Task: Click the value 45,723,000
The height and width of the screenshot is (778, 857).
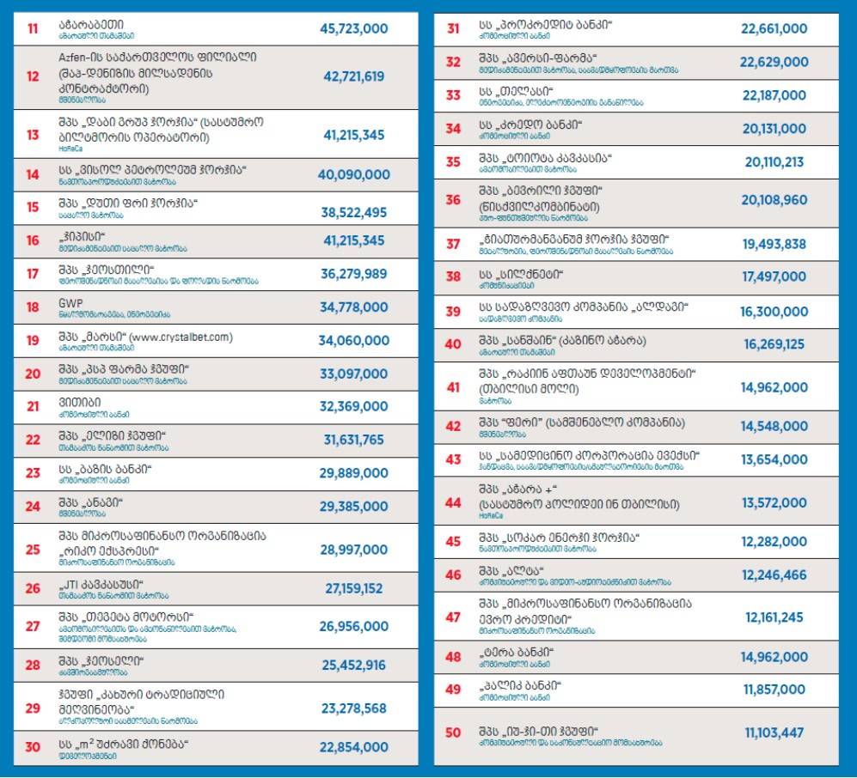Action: pyautogui.click(x=353, y=29)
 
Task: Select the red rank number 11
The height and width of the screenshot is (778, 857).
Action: pyautogui.click(x=33, y=29)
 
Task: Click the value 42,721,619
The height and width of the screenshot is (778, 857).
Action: pyautogui.click(x=353, y=76)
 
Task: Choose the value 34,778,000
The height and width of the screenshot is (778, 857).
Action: pyautogui.click(x=353, y=307)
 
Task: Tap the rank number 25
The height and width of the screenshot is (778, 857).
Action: pyautogui.click(x=33, y=550)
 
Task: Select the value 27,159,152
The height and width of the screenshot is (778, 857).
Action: pyautogui.click(x=353, y=588)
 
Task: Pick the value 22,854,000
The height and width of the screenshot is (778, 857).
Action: pyautogui.click(x=353, y=747)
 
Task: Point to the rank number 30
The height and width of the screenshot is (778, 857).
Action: pyautogui.click(x=33, y=747)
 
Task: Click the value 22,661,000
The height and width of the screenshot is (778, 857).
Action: pyautogui.click(x=774, y=29)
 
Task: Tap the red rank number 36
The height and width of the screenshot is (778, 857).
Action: pyautogui.click(x=453, y=200)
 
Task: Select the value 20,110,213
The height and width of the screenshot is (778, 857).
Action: pyautogui.click(x=774, y=162)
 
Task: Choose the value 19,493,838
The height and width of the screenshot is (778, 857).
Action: pyautogui.click(x=774, y=244)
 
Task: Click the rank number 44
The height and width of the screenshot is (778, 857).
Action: pyautogui.click(x=453, y=501)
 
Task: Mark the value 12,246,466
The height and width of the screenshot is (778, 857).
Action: pyautogui.click(x=774, y=574)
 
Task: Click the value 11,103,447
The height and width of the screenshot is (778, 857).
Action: pyautogui.click(x=774, y=732)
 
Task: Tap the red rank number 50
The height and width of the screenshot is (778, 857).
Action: pyautogui.click(x=453, y=732)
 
